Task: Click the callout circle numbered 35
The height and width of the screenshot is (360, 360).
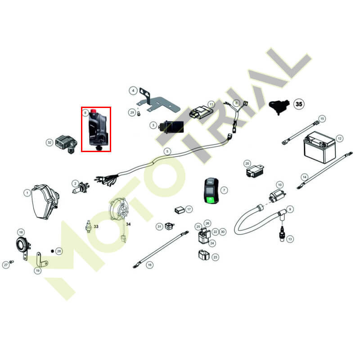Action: [x=299, y=104]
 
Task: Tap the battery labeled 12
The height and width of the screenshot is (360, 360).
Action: [x=320, y=147]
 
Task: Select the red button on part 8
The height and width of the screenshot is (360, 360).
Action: [x=93, y=111]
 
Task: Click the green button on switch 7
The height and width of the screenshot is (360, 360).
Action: [x=211, y=199]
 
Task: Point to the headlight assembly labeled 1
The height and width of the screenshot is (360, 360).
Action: [x=45, y=202]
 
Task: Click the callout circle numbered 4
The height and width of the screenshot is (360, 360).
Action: [x=133, y=91]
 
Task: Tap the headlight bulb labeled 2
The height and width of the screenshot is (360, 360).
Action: [x=81, y=187]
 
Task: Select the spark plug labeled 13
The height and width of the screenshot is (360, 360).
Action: [x=282, y=234]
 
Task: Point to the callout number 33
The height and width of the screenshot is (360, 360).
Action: [x=96, y=227]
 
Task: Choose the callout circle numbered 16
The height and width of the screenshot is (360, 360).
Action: [x=150, y=265]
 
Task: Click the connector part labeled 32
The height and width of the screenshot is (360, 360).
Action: [x=66, y=144]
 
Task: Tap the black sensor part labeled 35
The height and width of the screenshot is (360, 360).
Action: [x=279, y=106]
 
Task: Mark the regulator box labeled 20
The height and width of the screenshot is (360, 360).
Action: [x=254, y=171]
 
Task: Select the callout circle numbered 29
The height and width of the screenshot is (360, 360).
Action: [x=132, y=112]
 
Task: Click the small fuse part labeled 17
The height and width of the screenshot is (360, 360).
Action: [x=179, y=210]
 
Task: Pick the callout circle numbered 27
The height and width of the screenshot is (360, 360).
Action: [x=6, y=265]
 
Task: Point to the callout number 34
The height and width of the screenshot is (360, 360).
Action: [x=128, y=224]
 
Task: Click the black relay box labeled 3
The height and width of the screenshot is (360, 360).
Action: [x=171, y=127]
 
